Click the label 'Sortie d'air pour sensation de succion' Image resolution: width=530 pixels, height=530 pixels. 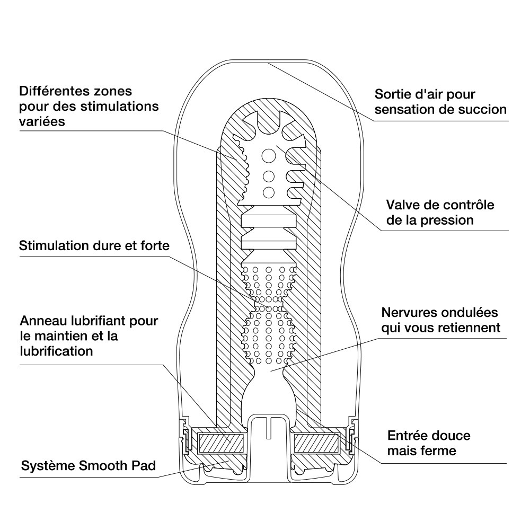click(440, 102)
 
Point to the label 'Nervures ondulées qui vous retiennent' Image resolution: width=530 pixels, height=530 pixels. click(440, 320)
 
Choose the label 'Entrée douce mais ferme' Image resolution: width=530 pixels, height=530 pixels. click(429, 443)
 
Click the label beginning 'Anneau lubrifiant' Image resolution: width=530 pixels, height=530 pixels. click(89, 336)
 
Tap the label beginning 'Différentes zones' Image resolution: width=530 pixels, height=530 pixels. click(89, 106)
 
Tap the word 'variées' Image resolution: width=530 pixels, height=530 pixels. click(41, 121)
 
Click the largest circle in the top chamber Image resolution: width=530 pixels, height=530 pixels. click(269, 156)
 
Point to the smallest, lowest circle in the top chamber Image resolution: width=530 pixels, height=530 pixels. click(269, 192)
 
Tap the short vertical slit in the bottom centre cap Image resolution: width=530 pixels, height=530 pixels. click(269, 427)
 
